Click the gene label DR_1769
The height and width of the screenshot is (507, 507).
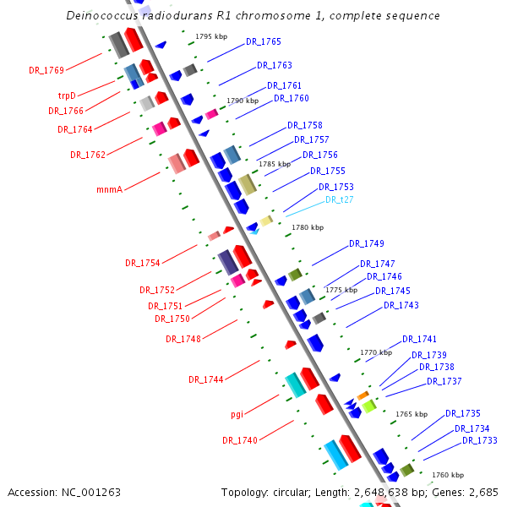[46, 70]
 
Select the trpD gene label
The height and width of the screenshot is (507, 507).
[67, 95]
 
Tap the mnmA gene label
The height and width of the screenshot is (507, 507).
[110, 189]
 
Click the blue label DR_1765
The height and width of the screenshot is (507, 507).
[264, 41]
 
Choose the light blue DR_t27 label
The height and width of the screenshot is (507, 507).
[340, 199]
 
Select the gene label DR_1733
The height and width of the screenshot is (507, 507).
[480, 440]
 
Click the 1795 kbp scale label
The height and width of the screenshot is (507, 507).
[211, 36]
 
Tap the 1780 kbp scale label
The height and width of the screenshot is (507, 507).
[308, 227]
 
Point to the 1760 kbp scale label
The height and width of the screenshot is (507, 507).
[448, 475]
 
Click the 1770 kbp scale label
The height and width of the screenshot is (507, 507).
[376, 352]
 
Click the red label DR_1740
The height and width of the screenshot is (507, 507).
[240, 440]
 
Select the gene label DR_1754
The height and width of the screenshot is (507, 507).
[143, 263]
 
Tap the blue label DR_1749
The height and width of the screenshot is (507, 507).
[367, 243]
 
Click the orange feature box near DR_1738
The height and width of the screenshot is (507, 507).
[363, 395]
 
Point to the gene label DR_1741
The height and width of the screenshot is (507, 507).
[419, 338]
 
